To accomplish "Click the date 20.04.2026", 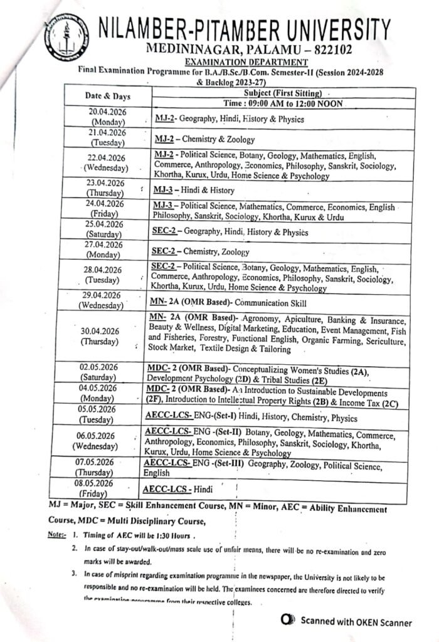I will click(x=107, y=112).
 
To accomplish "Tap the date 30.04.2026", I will click(x=100, y=330).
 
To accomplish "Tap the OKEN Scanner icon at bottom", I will click(x=288, y=621).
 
